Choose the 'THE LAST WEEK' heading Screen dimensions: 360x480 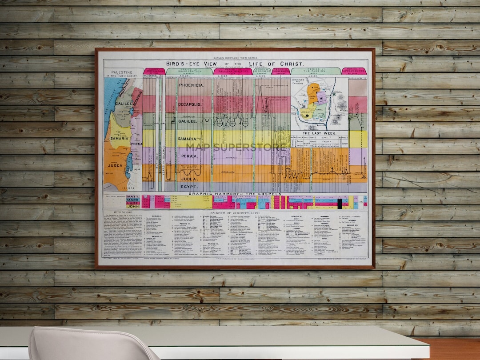click(319, 133)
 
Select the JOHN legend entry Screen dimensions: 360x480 click(132, 207)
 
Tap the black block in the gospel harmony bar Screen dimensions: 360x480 click(340, 204)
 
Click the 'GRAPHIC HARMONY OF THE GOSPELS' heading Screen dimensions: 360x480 click(235, 193)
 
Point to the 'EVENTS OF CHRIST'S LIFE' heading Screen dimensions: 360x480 click(235, 213)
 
